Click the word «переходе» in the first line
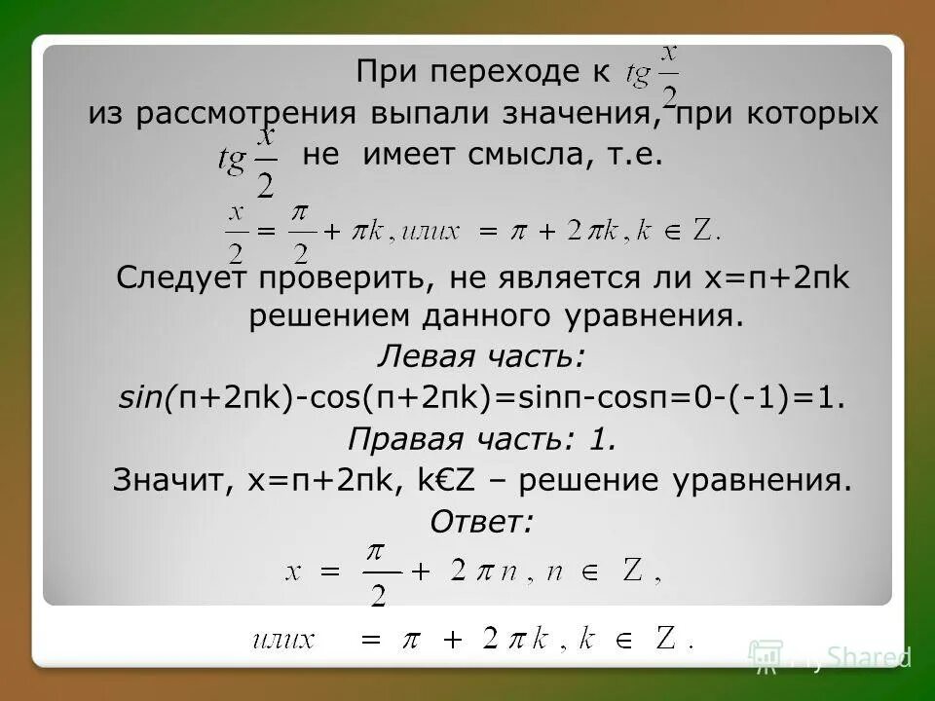pos(505,72)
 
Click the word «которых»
pos(812,114)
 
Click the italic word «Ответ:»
pos(481,522)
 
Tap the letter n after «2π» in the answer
pos(510,572)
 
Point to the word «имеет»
pos(399,156)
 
